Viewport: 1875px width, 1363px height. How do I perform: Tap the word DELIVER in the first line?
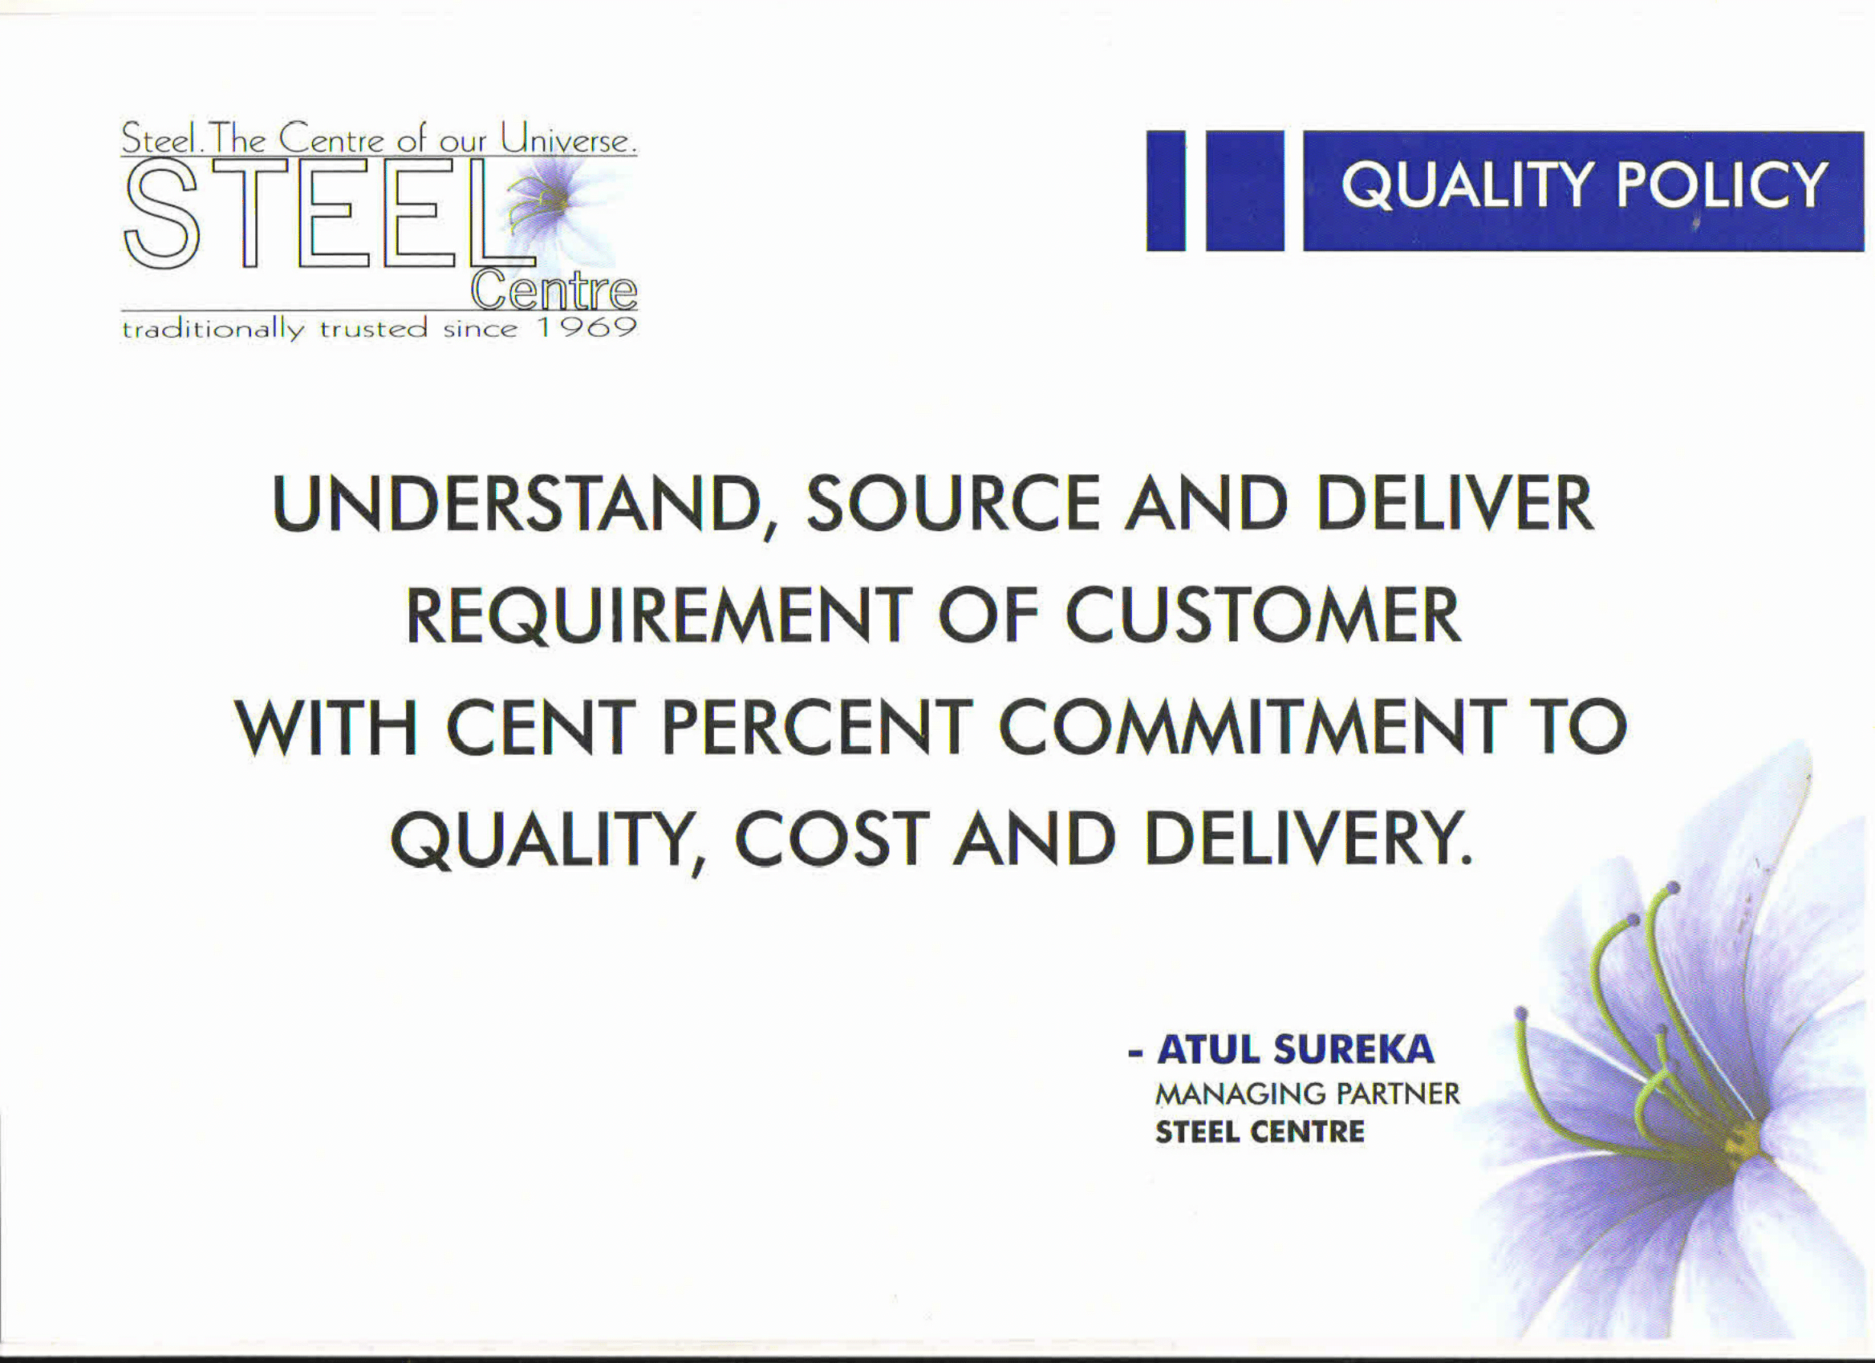1455,503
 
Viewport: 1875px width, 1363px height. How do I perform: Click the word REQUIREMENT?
659,616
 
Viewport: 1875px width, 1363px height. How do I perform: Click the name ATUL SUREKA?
1296,1050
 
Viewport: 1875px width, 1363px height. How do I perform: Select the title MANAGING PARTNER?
1308,1093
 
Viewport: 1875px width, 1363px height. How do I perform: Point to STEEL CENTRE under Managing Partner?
1260,1132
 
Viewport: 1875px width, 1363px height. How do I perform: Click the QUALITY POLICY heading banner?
1583,190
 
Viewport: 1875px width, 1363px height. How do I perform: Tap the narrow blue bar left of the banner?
1166,190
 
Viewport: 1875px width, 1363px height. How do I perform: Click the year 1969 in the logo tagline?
587,327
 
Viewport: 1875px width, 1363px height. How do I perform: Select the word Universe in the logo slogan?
569,138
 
